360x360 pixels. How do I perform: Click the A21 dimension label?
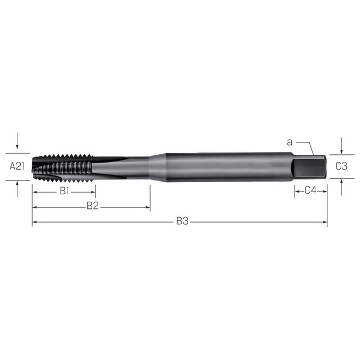[x=16, y=166]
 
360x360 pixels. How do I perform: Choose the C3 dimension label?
[x=341, y=166]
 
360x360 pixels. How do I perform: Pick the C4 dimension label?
[x=311, y=190]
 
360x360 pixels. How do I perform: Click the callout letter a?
[x=290, y=142]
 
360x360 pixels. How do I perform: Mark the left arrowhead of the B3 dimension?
[x=35, y=222]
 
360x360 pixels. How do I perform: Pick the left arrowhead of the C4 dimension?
[x=298, y=191]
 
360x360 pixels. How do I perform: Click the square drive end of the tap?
[x=310, y=166]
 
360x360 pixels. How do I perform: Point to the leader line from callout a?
[x=310, y=147]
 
